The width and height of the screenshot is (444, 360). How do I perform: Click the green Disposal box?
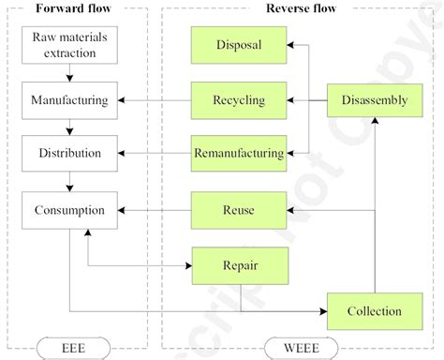tap(237, 45)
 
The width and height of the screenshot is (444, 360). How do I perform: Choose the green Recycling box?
tap(237, 98)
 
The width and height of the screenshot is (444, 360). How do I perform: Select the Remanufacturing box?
tap(237, 151)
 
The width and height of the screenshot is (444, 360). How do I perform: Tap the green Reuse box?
tap(237, 209)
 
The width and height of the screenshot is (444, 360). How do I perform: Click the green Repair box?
tap(237, 265)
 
